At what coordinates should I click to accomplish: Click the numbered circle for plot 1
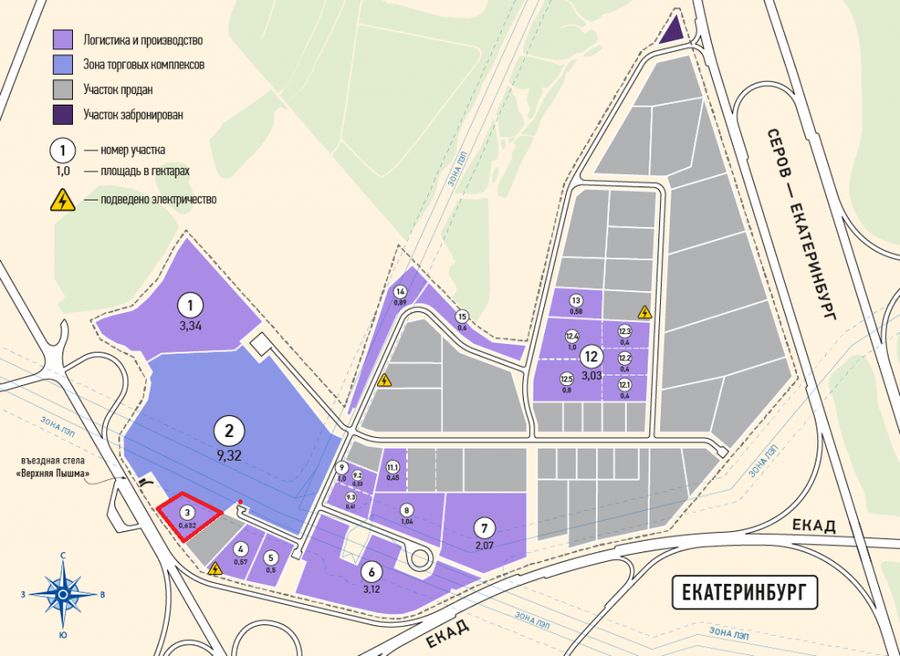coord(190,305)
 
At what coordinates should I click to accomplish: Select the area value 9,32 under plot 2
coord(229,455)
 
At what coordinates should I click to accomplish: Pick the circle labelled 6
coord(370,570)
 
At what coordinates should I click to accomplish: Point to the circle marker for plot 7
coord(483,528)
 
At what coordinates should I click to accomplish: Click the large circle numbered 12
coord(591,357)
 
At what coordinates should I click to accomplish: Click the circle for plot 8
coord(406,509)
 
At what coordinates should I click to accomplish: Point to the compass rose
coord(63,594)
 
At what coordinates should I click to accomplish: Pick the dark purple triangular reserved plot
coord(672,31)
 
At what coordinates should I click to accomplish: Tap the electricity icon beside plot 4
coord(216,569)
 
